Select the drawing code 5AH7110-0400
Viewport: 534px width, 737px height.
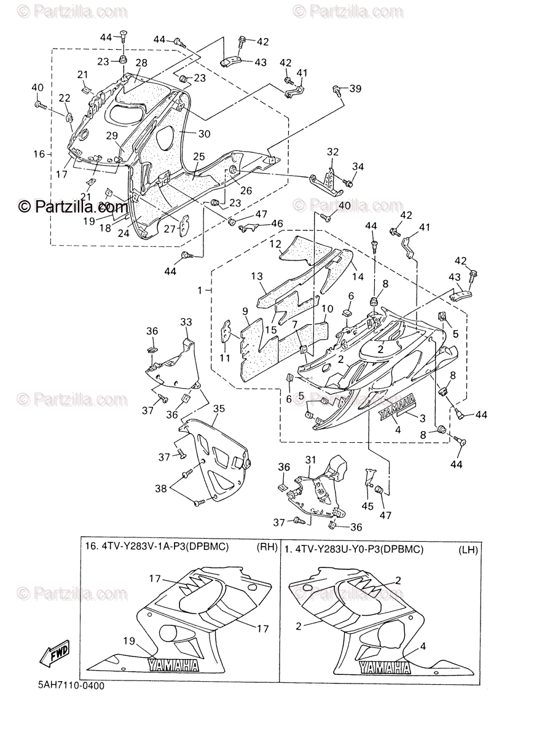[x=69, y=686]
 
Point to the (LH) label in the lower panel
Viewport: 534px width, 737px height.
[x=468, y=550]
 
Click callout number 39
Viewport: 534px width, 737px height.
[x=355, y=89]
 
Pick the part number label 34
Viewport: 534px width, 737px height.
[x=358, y=167]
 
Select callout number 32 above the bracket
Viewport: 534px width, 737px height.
[x=332, y=152]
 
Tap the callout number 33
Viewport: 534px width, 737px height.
[x=186, y=322]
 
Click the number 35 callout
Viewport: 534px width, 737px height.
[x=218, y=408]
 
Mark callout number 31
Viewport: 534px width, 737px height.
[x=310, y=459]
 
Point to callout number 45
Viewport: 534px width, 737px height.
[x=367, y=506]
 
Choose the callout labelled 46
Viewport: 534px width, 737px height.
[x=278, y=224]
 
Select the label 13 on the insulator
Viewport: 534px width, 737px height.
[x=256, y=276]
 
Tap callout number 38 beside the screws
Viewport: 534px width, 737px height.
[x=160, y=489]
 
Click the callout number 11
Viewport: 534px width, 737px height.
[x=225, y=357]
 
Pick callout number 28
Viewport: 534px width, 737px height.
[x=141, y=63]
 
